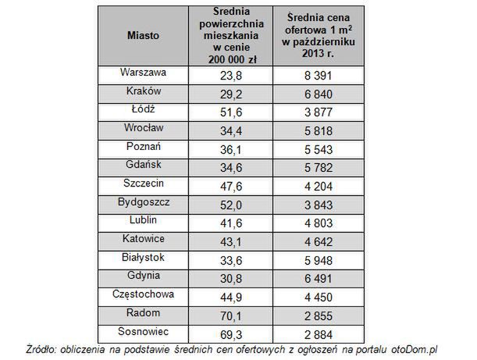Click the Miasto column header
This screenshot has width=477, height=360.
pos(143,36)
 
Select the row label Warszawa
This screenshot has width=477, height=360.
pos(143,73)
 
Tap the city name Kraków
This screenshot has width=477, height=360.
pos(143,91)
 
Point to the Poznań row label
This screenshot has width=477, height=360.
pos(143,146)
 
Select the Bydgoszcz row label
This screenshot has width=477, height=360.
pos(143,201)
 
